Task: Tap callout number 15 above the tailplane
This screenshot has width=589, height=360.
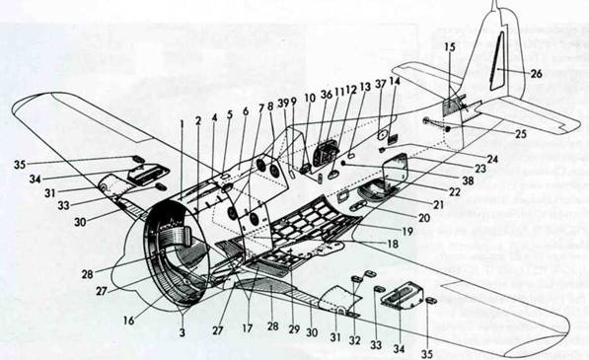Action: click(x=449, y=46)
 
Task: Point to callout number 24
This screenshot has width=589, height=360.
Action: click(x=491, y=157)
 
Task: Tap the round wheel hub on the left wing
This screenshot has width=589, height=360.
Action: click(x=102, y=185)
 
